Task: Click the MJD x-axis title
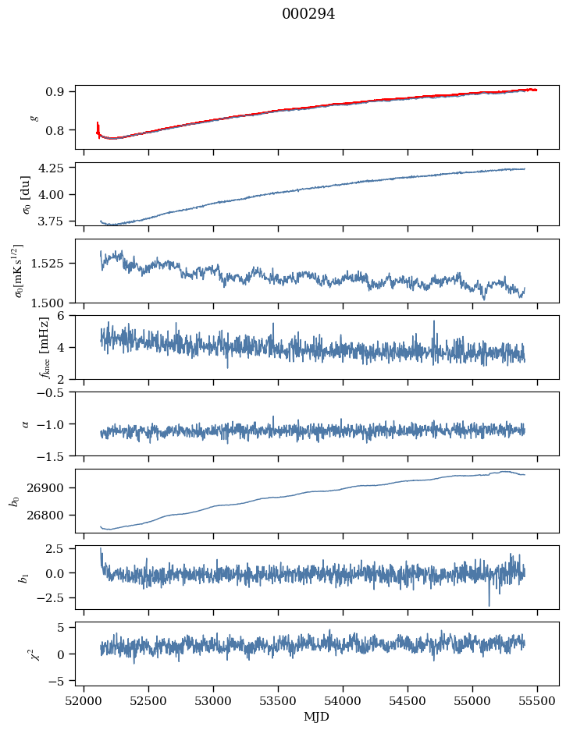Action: [x=316, y=716]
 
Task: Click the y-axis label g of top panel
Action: [x=34, y=117]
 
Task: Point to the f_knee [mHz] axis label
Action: [x=23, y=347]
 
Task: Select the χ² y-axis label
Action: [x=23, y=654]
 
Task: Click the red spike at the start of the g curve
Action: [x=98, y=128]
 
